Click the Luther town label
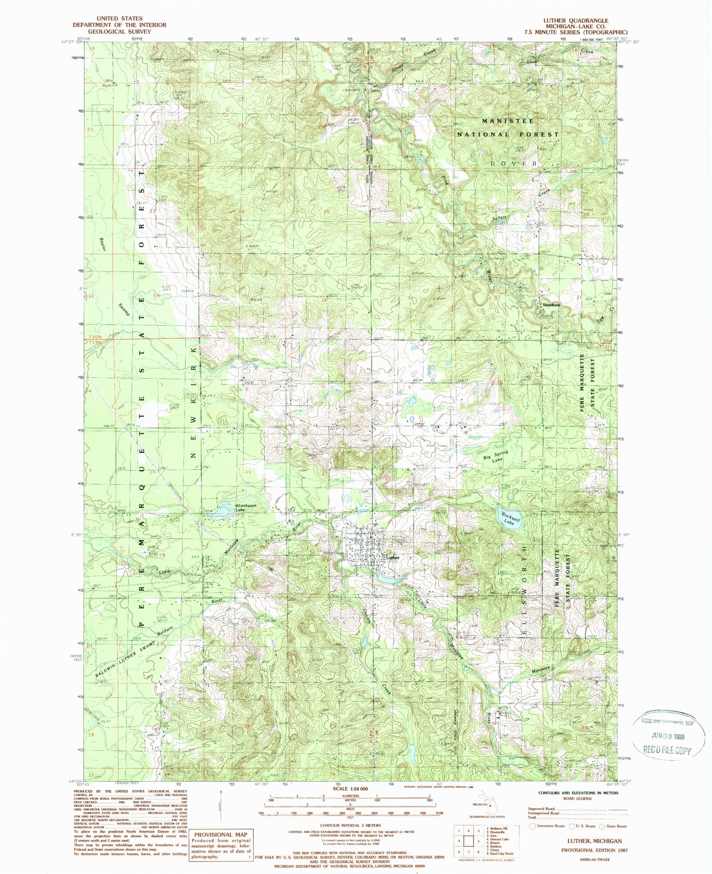click(x=393, y=557)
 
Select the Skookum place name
click(x=551, y=305)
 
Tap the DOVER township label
click(x=514, y=164)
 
